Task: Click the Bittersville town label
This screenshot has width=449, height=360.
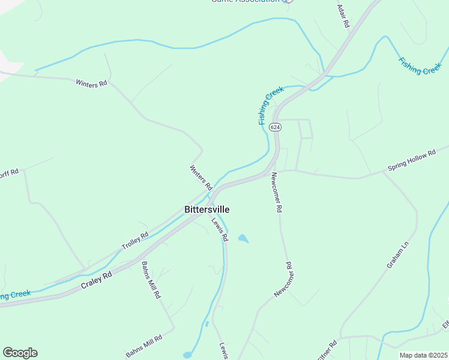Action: [x=206, y=209]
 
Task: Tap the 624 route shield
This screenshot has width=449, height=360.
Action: [x=275, y=127]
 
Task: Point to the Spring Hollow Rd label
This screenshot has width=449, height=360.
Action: [x=412, y=160]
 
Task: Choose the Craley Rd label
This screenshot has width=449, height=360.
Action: [x=96, y=282]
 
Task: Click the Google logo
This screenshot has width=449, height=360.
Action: [x=20, y=353]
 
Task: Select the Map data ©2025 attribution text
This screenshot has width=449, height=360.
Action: [x=424, y=355]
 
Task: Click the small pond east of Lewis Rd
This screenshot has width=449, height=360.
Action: [x=243, y=238]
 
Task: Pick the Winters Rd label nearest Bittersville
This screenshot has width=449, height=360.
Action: [x=201, y=178]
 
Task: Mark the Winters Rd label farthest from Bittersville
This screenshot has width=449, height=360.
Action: [x=91, y=83]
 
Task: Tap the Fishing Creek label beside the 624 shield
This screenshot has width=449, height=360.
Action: [x=270, y=106]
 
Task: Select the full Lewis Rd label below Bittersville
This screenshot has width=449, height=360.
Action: [x=220, y=229]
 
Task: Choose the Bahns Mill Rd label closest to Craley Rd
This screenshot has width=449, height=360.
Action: [x=151, y=280]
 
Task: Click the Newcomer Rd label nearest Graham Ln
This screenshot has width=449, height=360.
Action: [x=283, y=279]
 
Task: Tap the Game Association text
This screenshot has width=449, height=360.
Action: [x=245, y=1]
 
